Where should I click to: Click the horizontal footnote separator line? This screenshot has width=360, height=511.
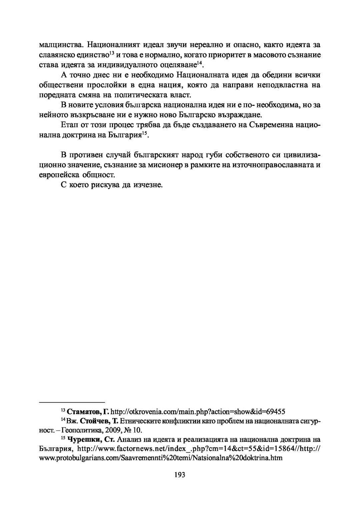pyautogui.click(x=72, y=402)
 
